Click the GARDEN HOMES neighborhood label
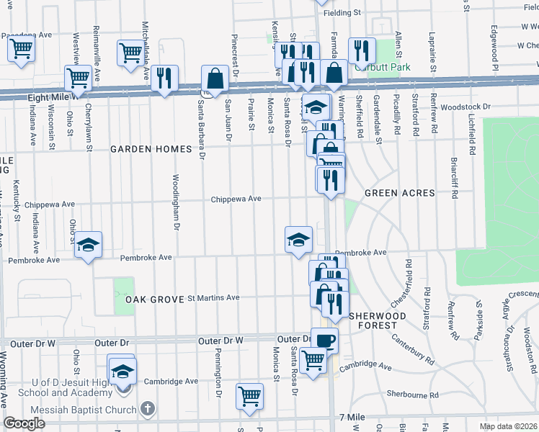[x=151, y=149]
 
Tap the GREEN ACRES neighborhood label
[x=399, y=193]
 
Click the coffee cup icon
[x=324, y=340]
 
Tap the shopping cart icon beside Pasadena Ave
[x=21, y=50]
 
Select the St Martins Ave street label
[x=213, y=297]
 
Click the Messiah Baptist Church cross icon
[x=148, y=410]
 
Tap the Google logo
[x=24, y=423]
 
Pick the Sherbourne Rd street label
[x=413, y=395]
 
